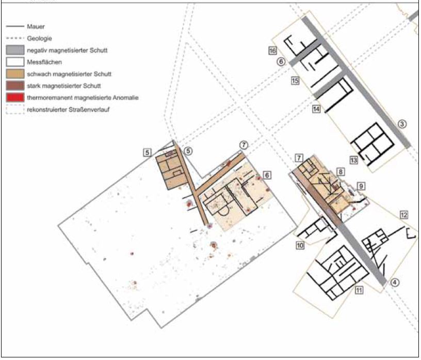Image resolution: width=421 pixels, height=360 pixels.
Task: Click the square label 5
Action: coord(147,152)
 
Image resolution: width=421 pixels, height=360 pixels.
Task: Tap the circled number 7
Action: coord(244,145)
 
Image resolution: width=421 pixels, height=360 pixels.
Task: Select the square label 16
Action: coord(272,51)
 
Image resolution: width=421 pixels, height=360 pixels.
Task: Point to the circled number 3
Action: coord(402,124)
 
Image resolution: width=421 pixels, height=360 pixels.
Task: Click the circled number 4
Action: coord(395,283)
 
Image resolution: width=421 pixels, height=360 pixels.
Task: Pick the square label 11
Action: coord(359,290)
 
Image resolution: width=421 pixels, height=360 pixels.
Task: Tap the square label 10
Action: coord(300,245)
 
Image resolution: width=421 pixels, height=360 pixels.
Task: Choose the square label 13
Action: coord(353,160)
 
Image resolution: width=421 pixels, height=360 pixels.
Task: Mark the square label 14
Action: coord(316,109)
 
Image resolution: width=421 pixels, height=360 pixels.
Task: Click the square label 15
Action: coord(295,81)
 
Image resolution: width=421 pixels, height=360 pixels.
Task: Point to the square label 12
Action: coord(404,215)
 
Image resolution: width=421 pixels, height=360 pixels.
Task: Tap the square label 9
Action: coord(361,186)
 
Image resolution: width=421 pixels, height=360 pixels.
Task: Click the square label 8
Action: coord(341,172)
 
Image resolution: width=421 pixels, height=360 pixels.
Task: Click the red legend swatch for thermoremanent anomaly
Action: coord(15,98)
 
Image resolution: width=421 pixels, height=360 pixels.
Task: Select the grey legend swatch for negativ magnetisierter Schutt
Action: coord(15,50)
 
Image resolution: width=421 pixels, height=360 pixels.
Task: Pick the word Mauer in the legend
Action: coord(36,26)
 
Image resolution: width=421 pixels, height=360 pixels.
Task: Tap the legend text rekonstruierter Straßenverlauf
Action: coord(68,109)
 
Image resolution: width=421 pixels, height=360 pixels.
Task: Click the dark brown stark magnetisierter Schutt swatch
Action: coord(15,86)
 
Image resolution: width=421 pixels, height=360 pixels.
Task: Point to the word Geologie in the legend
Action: coord(39,38)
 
